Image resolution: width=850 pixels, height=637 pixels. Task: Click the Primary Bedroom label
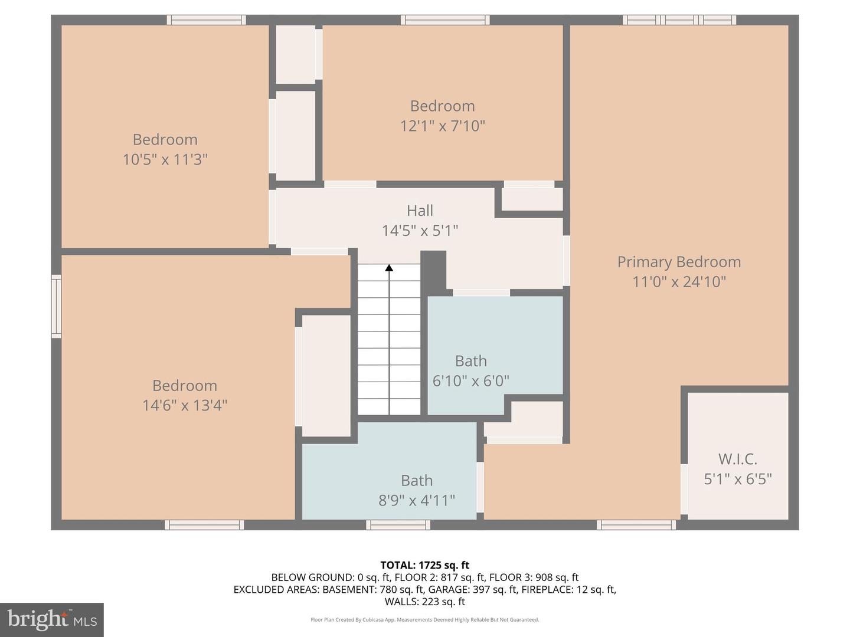point(679,262)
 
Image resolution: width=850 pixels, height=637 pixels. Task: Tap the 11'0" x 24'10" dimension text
point(679,281)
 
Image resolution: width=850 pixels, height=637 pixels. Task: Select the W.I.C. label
point(738,459)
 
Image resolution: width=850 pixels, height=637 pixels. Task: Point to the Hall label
point(420,211)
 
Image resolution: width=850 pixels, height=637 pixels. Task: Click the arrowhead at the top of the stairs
point(389,268)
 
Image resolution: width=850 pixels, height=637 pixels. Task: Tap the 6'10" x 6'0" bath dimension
point(470,381)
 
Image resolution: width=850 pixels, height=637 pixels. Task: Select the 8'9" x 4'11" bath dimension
point(417,501)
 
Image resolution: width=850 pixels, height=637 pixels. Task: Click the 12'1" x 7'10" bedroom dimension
point(442,126)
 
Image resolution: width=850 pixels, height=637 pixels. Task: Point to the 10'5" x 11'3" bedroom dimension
point(165,159)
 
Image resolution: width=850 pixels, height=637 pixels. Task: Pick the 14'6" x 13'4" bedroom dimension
point(185,405)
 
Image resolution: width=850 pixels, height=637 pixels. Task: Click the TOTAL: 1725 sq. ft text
point(425,565)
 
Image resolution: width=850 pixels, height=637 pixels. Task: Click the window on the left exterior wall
point(57,306)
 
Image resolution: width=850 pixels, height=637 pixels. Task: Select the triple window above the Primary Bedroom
point(679,19)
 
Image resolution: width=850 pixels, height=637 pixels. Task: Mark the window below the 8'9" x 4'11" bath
point(398,525)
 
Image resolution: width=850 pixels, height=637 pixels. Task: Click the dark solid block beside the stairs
point(434,272)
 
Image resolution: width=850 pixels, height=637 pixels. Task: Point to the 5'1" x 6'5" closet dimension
point(738,479)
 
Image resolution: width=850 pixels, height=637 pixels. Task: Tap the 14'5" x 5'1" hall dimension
point(420,231)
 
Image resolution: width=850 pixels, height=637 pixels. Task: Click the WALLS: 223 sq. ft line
point(425,602)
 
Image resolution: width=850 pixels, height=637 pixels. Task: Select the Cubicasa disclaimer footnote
point(425,619)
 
